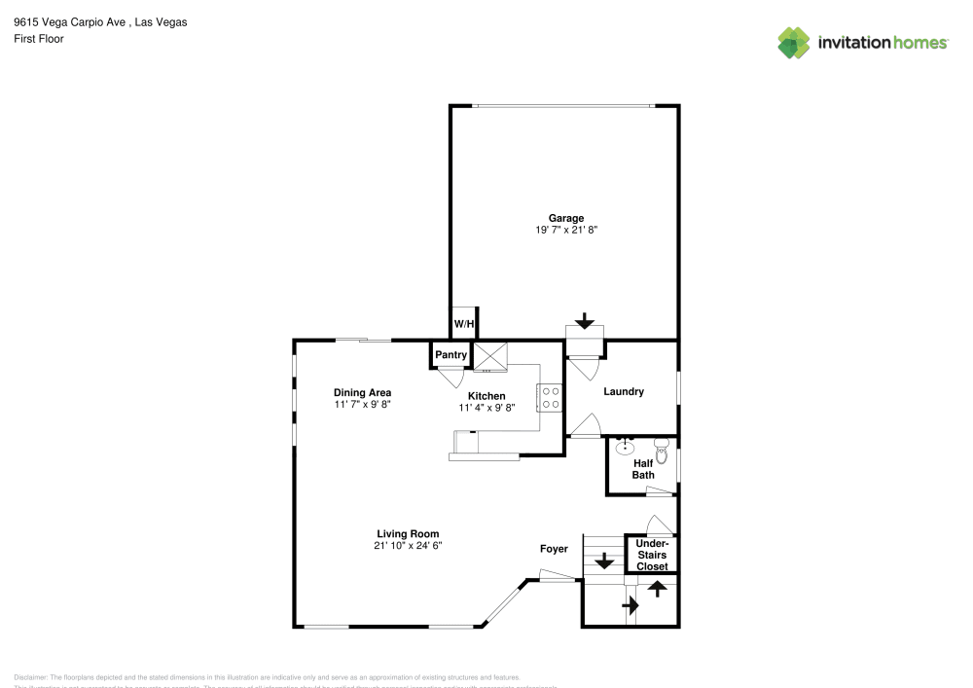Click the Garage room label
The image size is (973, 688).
click(565, 218)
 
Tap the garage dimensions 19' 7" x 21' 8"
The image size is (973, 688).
click(565, 231)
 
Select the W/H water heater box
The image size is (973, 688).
click(464, 324)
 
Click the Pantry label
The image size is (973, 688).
click(450, 355)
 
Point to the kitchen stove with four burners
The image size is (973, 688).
click(550, 397)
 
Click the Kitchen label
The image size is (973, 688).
click(486, 396)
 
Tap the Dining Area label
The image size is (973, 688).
click(362, 393)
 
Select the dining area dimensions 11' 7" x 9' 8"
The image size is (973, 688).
click(362, 405)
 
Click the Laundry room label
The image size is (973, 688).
click(624, 392)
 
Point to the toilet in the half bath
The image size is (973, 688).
click(663, 450)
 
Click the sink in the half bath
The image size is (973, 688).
click(626, 448)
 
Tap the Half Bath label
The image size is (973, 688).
click(643, 469)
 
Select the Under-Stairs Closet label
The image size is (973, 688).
click(652, 555)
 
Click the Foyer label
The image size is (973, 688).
click(554, 549)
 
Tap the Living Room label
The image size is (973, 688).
click(408, 533)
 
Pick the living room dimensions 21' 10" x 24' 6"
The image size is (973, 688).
click(408, 546)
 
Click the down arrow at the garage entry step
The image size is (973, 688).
click(585, 320)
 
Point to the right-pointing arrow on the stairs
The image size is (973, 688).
click(630, 605)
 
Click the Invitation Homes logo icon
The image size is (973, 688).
click(793, 42)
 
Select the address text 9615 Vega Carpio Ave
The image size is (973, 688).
click(69, 20)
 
